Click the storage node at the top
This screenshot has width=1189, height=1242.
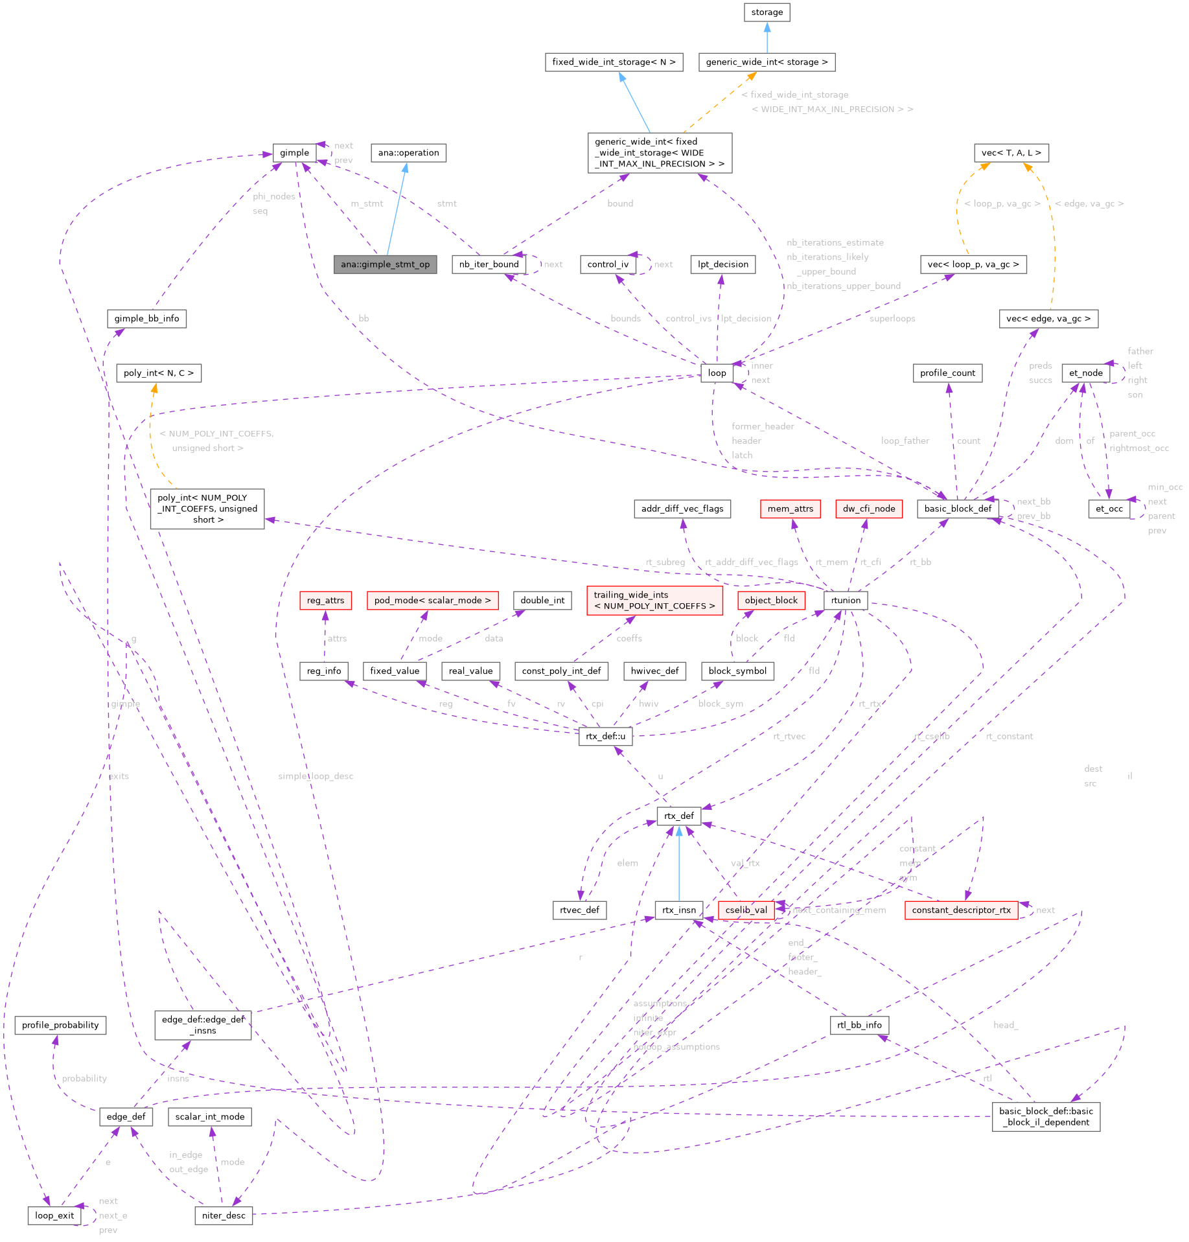(x=767, y=12)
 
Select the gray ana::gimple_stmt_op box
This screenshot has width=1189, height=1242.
(x=385, y=264)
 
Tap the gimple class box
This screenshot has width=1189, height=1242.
(x=294, y=153)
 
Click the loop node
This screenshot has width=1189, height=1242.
(x=717, y=373)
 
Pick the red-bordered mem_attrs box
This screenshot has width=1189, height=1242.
(x=790, y=509)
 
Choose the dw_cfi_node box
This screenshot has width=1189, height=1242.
(x=868, y=509)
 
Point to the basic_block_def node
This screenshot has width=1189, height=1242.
(x=958, y=509)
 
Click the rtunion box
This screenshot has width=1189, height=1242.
(x=846, y=600)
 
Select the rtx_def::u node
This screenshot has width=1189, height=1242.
(x=605, y=736)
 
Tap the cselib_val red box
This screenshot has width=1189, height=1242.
(x=746, y=910)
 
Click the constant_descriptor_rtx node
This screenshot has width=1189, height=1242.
(x=961, y=910)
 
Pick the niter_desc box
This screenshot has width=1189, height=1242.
(x=224, y=1215)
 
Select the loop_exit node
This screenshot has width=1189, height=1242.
(x=54, y=1215)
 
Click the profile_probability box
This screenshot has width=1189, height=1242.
(x=60, y=1025)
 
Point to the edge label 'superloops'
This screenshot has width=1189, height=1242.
(x=892, y=319)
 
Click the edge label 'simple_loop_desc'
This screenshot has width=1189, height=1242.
(x=316, y=776)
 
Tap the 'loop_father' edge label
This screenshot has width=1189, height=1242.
(x=905, y=441)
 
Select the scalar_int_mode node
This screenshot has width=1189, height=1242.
(x=210, y=1116)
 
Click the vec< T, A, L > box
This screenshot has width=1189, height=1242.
(x=1011, y=153)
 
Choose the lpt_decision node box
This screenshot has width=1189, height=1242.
(x=722, y=264)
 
